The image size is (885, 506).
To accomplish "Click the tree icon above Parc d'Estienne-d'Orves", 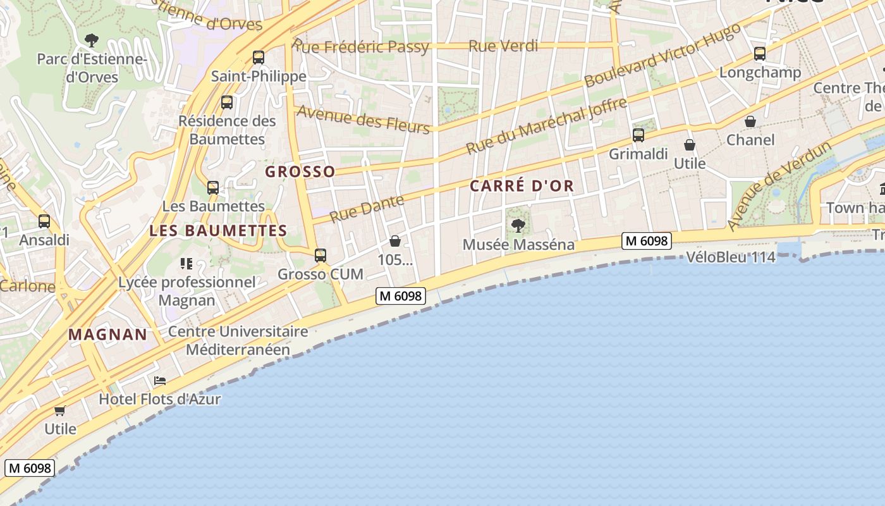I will tap(92, 41).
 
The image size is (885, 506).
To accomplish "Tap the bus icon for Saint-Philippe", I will tap(258, 58).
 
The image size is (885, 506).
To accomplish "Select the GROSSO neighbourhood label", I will tap(300, 171).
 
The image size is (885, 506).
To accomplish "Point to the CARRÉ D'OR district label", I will tap(522, 186).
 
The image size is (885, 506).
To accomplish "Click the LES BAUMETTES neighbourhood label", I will tap(218, 231).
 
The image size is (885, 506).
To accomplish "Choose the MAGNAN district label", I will tap(107, 335).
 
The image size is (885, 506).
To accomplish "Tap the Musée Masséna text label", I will tap(518, 245).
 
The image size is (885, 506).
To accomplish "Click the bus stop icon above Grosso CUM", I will tap(320, 256).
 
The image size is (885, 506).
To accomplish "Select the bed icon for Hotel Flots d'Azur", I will tap(160, 381).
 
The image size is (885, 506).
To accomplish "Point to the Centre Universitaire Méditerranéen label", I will tap(238, 340).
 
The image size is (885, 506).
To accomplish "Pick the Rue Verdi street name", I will tap(503, 46).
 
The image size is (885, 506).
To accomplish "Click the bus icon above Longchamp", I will tap(760, 54).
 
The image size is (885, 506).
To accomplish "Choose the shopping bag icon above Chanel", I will tap(750, 121).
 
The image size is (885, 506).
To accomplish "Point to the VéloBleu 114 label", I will tap(731, 257).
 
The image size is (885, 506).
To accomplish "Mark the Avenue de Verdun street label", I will tap(779, 186).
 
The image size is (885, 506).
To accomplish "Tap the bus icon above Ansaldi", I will tap(44, 221).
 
